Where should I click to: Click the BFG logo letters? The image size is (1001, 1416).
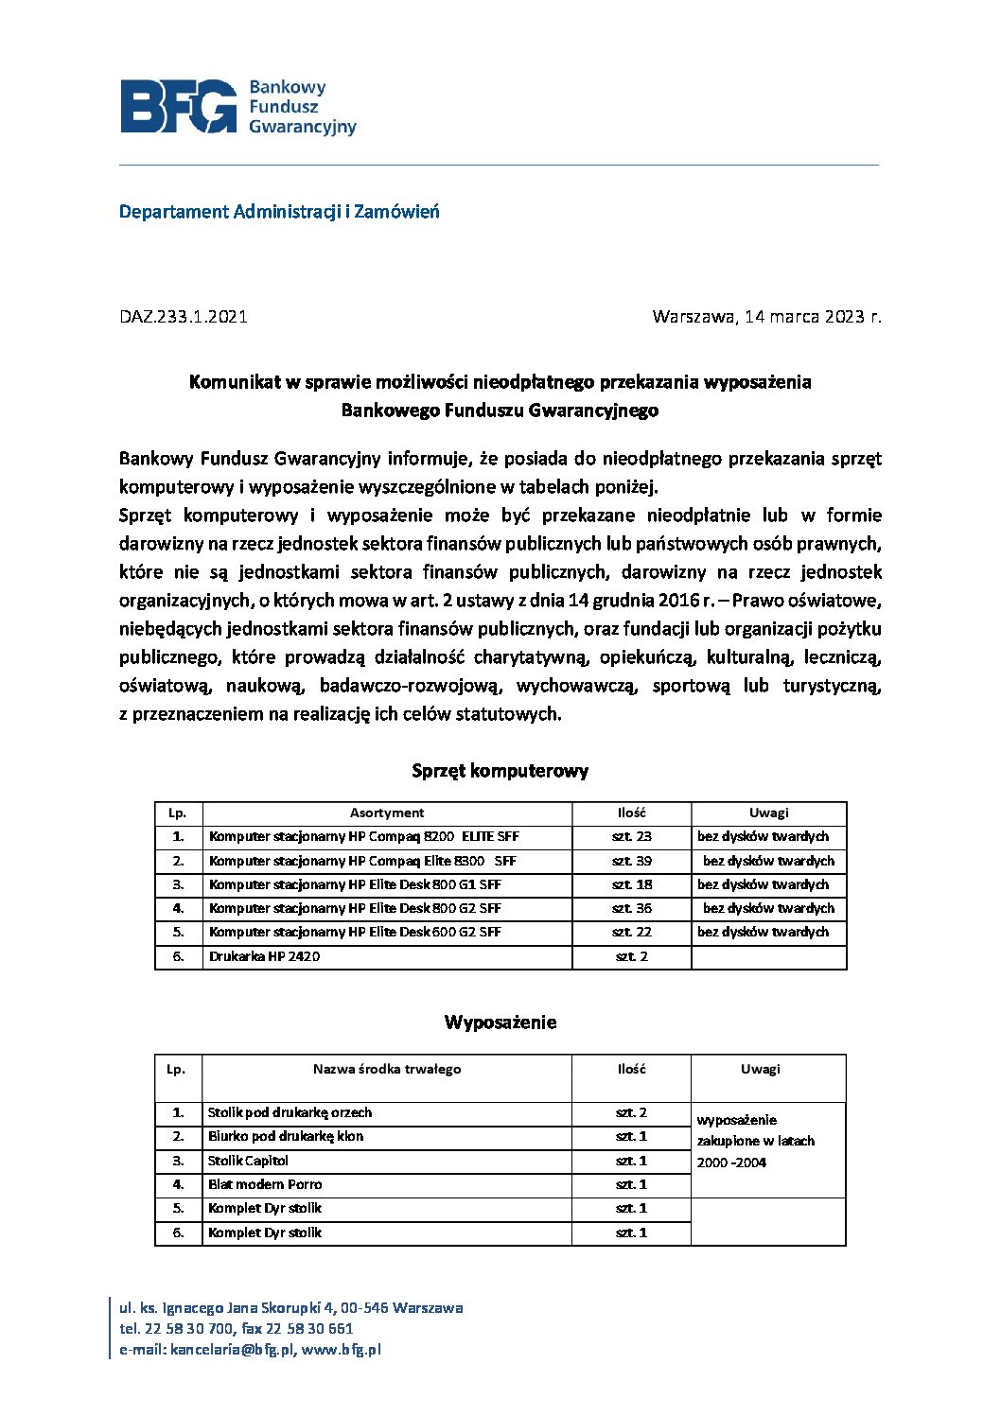point(178,106)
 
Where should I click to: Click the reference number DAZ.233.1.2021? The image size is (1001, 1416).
point(184,317)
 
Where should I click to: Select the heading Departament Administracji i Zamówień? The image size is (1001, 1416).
point(279,212)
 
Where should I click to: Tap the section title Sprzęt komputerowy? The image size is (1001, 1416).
point(500,771)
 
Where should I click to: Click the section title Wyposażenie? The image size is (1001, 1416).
point(500,1023)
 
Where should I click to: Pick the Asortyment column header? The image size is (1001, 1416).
point(387,813)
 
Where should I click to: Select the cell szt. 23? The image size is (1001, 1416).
point(631,837)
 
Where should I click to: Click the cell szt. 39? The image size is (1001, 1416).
point(631,862)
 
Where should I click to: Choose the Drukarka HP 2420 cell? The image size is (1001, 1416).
point(265,957)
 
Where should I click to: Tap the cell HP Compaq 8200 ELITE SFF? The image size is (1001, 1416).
point(364,837)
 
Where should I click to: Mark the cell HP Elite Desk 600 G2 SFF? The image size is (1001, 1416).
point(355,933)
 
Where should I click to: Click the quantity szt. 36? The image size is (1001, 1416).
point(631,909)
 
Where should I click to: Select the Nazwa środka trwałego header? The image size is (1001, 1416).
point(387,1070)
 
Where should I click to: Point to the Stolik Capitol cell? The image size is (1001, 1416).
point(249,1162)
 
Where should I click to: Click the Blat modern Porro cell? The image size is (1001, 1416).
point(265,1185)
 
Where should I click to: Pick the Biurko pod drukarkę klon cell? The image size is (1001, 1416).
point(286,1137)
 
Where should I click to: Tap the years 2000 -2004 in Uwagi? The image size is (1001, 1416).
point(731,1163)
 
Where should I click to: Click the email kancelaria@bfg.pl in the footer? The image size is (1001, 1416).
point(233,1351)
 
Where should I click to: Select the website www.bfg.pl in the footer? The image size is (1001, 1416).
point(342,1351)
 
